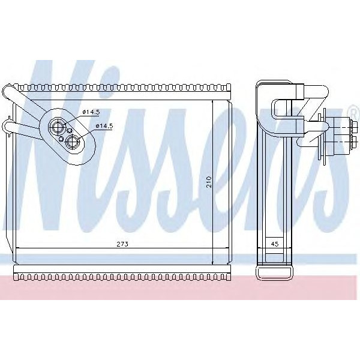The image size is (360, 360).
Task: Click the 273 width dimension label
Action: pyautogui.click(x=124, y=245)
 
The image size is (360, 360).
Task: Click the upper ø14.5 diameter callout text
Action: pyautogui.click(x=91, y=112)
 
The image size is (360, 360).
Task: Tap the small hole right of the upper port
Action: pyautogui.click(x=70, y=130)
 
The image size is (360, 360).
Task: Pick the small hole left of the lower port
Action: pyautogui.click(x=62, y=138)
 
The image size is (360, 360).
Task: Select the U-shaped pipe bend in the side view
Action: pyautogui.click(x=277, y=109)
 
